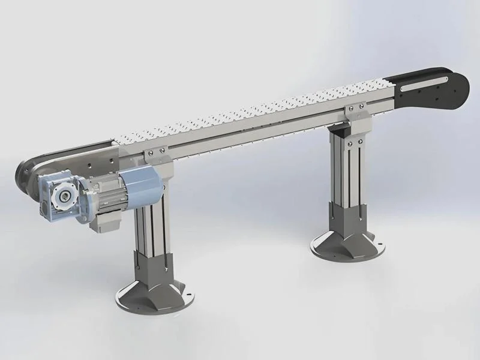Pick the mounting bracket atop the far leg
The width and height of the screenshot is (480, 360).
(354, 113)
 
